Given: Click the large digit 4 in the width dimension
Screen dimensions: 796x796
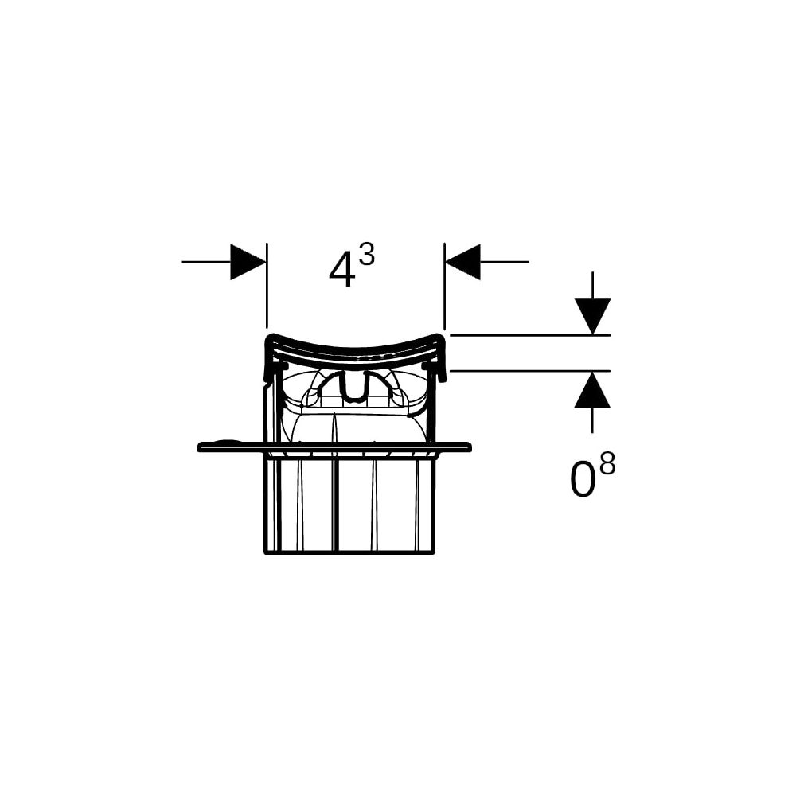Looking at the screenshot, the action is click(x=341, y=271).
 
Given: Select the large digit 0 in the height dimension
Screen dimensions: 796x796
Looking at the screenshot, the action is click(x=583, y=480).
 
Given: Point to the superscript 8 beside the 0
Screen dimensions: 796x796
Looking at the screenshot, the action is click(x=607, y=464).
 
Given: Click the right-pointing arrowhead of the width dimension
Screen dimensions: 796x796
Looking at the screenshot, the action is click(x=248, y=262).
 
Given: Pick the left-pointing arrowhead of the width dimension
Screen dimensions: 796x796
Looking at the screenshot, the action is click(x=462, y=262).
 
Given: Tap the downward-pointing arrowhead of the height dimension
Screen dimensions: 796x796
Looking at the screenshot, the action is click(x=592, y=317).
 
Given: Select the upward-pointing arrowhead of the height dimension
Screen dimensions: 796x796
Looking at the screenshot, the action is click(x=592, y=389).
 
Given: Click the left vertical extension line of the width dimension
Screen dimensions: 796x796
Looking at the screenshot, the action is click(x=267, y=286).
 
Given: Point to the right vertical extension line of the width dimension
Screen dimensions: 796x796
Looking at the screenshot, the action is click(x=445, y=286).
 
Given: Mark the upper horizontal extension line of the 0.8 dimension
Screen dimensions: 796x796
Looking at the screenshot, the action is click(x=530, y=336).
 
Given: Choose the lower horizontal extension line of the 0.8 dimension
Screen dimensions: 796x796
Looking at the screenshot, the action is click(x=530, y=371).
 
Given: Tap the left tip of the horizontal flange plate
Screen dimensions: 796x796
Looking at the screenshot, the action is click(x=198, y=447).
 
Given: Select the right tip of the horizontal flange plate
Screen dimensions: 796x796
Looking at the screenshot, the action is click(x=470, y=447).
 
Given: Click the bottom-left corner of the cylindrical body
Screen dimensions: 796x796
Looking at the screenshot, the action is click(x=265, y=553).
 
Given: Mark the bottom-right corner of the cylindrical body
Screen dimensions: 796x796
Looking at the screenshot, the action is click(x=435, y=552).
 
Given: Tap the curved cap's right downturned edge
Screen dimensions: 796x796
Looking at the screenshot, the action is click(x=441, y=358).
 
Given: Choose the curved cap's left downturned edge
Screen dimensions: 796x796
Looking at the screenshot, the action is click(x=267, y=358).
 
